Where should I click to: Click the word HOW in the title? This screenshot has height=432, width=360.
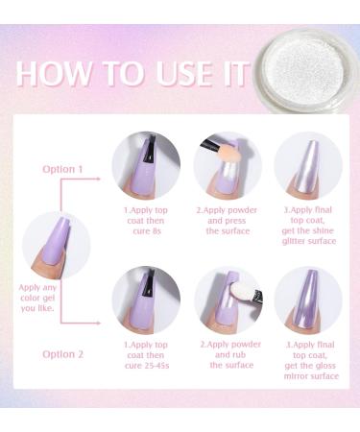coord(53,74)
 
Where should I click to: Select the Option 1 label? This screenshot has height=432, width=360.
coord(62,169)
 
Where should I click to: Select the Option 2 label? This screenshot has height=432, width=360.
coord(62,354)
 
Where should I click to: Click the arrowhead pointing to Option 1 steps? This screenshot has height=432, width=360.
coord(98,180)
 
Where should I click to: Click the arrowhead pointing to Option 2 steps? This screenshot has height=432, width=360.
coord(98,323)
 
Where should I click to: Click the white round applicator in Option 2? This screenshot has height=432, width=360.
coord(242,291)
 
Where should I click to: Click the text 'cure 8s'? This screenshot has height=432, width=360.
coord(147,230)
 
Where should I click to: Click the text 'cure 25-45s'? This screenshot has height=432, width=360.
coord(147,366)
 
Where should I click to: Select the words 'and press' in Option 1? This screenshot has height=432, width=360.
coord(227,221)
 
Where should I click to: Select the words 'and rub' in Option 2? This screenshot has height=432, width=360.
coord(230,355)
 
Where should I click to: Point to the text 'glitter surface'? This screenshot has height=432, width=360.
coord(309,241)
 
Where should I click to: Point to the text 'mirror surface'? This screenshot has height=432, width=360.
coord(311,375)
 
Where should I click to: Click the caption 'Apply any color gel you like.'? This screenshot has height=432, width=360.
coord(37,298)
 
